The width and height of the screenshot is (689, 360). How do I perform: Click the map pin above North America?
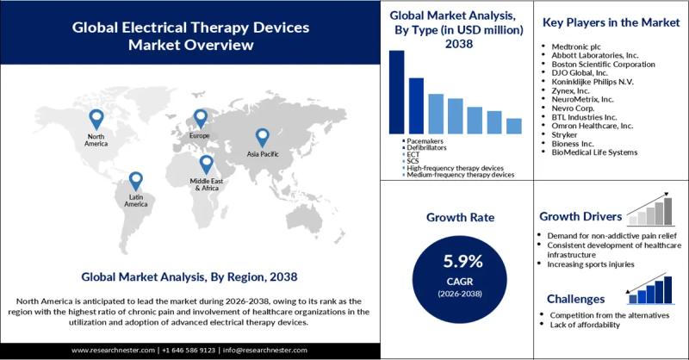point(96,119)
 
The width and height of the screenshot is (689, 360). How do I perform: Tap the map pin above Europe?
point(200,118)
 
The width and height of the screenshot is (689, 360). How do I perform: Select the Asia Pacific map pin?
point(262,137)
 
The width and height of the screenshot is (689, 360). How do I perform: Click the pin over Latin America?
point(135,181)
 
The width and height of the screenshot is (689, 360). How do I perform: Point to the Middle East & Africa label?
point(207,183)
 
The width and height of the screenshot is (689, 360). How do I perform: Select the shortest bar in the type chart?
point(514,126)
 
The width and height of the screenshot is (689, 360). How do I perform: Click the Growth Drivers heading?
point(580,216)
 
